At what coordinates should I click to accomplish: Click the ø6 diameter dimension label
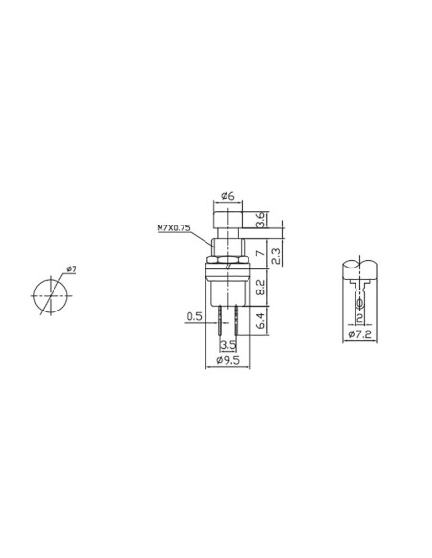[227, 196]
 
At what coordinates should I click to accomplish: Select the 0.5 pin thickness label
[194, 315]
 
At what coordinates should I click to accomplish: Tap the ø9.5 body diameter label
[227, 361]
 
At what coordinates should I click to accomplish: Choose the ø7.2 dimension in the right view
[359, 335]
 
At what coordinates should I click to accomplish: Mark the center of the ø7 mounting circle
[48, 295]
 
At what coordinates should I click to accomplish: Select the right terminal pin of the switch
[236, 319]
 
